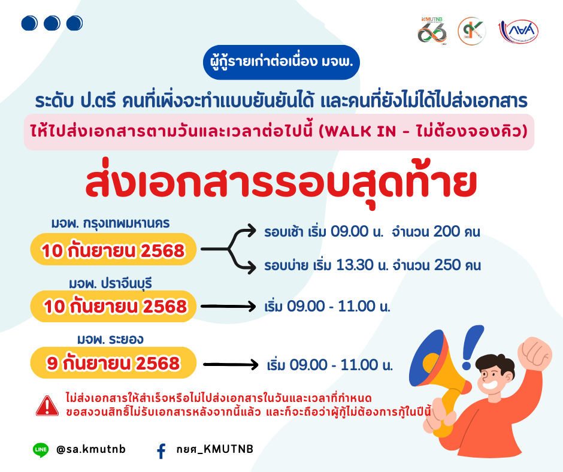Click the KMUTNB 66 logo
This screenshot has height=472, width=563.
[x=432, y=31]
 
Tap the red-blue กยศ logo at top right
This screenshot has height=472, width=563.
[x=519, y=31]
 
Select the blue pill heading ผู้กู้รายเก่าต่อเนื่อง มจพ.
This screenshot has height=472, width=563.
[x=281, y=62]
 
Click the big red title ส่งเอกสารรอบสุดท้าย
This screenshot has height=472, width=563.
[x=281, y=184]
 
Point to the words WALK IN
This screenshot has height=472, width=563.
[x=361, y=131]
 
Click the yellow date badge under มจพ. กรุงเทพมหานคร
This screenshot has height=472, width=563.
[x=113, y=249]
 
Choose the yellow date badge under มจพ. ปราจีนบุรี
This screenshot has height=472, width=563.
[x=113, y=306]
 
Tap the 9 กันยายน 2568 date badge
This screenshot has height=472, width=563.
[x=113, y=363]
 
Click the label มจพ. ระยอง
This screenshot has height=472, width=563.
[x=110, y=339]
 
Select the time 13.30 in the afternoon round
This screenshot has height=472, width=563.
[x=350, y=265]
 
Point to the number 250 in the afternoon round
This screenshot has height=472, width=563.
[x=447, y=265]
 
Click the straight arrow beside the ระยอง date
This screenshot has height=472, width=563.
[x=231, y=365]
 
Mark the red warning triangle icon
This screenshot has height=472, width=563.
[x=47, y=406]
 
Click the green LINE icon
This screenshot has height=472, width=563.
[x=41, y=450]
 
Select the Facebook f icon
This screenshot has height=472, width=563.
[x=162, y=451]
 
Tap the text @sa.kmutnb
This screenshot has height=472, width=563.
[x=91, y=449]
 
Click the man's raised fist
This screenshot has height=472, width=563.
[x=535, y=353]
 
